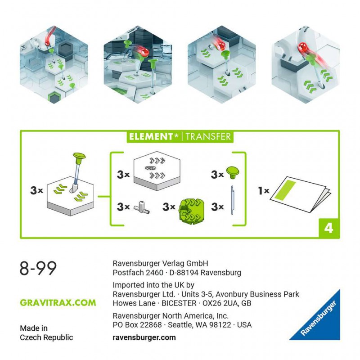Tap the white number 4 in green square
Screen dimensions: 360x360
click(329, 228)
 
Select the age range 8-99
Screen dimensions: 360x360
click(38, 268)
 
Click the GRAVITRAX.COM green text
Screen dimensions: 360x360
click(58, 303)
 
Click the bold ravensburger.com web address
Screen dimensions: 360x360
click(144, 337)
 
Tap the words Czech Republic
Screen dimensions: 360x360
click(46, 337)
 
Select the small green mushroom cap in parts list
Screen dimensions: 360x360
click(232, 171)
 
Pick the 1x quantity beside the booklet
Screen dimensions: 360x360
click(263, 190)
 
